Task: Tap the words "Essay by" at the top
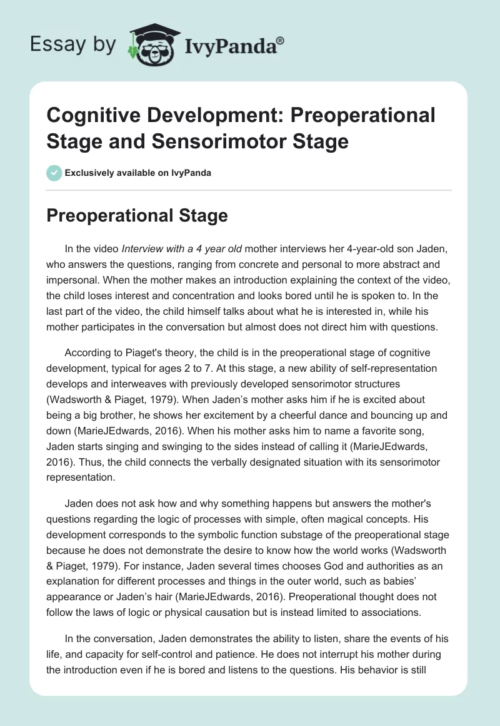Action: click(73, 45)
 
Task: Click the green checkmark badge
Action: click(55, 173)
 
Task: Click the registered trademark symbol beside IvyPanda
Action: click(281, 40)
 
